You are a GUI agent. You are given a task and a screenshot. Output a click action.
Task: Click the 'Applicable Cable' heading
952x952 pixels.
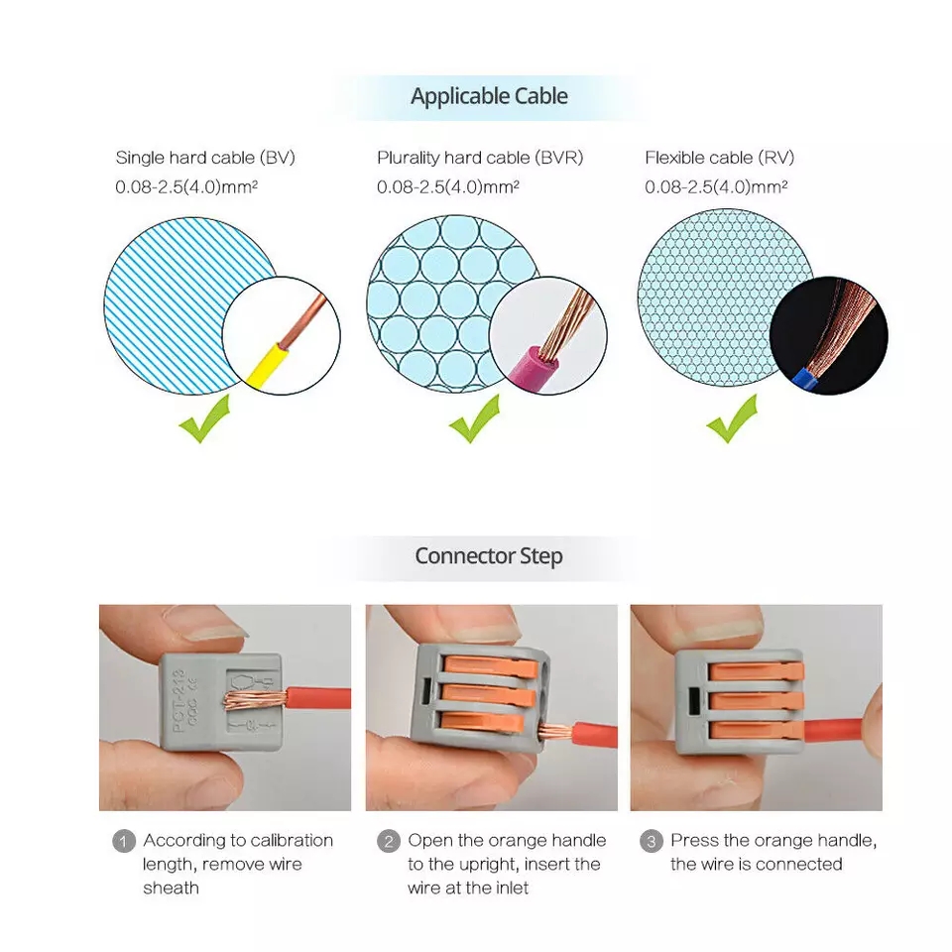coord(489,96)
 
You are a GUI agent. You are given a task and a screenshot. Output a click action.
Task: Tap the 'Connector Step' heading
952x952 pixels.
coord(489,556)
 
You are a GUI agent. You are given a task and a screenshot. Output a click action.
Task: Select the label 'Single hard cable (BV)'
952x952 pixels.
coord(205,158)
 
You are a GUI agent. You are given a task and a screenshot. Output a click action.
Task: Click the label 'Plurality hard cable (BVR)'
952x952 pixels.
coord(480,158)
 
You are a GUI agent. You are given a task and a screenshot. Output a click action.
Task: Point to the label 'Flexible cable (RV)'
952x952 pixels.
coord(720,158)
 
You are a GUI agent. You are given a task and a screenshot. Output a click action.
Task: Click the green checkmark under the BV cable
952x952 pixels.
coord(205,418)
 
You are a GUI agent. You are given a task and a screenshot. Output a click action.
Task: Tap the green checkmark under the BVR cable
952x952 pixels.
coord(475,418)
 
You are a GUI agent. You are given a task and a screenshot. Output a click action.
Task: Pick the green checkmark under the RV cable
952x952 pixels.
coord(732,418)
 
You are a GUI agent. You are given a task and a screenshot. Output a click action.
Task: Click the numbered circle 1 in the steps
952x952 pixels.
coord(124,842)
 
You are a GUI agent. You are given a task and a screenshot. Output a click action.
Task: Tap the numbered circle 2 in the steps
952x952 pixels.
coord(389,842)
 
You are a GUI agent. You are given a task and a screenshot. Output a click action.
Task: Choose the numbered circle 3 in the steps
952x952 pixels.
coord(652,842)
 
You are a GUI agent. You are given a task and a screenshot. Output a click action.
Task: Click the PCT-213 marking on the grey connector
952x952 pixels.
coord(178,700)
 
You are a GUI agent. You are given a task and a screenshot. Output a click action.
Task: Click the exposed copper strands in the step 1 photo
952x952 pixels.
coord(254,700)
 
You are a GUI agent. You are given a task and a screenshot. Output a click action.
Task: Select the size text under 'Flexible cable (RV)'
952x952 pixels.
coord(716,186)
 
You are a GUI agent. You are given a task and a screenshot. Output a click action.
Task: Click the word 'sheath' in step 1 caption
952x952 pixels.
coord(171,888)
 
